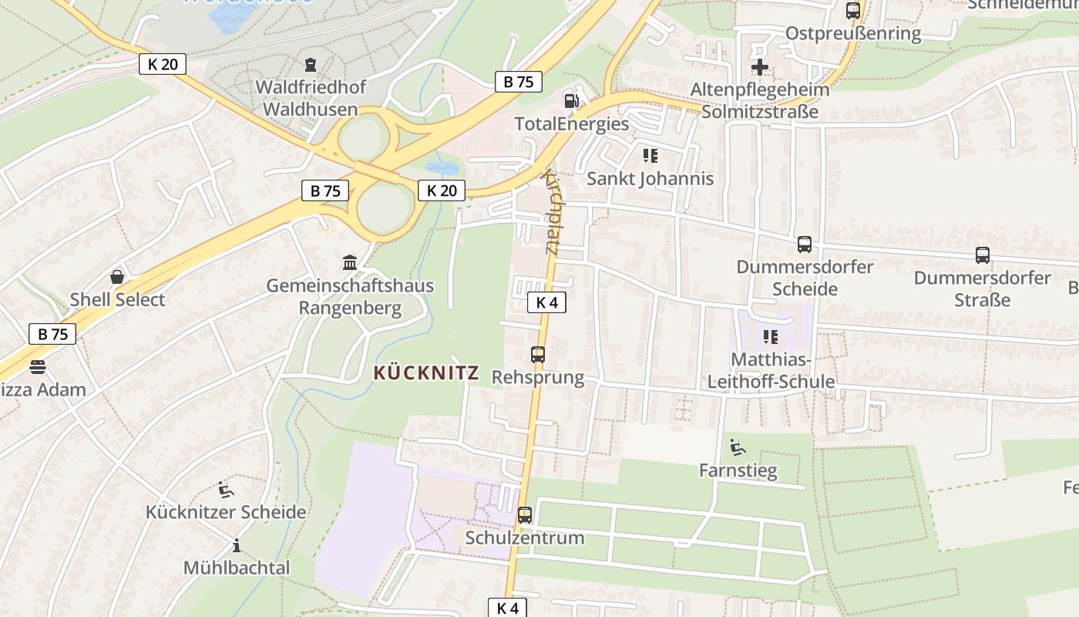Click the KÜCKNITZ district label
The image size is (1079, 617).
click(x=426, y=373)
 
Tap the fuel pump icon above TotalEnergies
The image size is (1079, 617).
click(x=571, y=100)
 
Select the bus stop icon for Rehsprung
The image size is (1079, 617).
click(x=538, y=355)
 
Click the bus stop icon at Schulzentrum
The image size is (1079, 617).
click(x=525, y=514)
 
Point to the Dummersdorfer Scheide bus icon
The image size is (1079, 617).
click(x=805, y=244)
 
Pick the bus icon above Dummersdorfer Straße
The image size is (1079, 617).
click(x=983, y=255)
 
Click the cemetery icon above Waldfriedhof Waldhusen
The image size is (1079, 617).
click(x=311, y=64)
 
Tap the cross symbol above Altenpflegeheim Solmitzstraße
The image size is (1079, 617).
click(x=760, y=67)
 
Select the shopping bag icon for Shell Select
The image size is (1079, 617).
click(x=117, y=277)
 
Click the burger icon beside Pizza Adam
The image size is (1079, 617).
click(x=38, y=366)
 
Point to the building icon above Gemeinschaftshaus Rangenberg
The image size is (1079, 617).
click(x=350, y=263)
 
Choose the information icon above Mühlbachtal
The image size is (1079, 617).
click(x=237, y=545)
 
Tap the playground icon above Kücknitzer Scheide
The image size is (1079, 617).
click(x=226, y=489)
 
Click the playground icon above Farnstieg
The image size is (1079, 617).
click(x=738, y=447)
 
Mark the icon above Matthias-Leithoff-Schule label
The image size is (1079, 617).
click(x=770, y=337)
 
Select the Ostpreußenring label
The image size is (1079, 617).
click(x=853, y=33)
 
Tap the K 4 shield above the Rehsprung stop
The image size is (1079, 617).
click(x=546, y=302)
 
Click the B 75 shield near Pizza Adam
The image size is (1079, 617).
click(x=52, y=334)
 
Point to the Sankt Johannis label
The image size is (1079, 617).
click(x=650, y=179)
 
